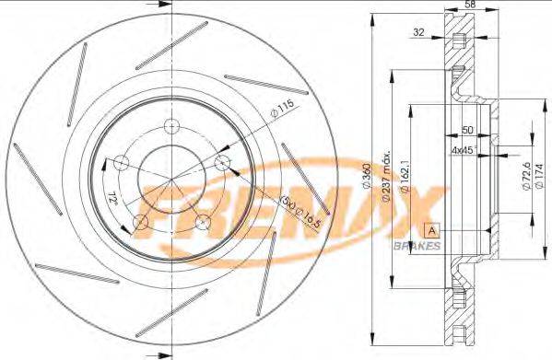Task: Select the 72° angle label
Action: [x=112, y=196]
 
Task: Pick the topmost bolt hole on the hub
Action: [x=170, y=126]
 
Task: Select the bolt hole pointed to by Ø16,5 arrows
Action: [x=220, y=162]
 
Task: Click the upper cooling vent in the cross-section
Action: [x=458, y=42]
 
